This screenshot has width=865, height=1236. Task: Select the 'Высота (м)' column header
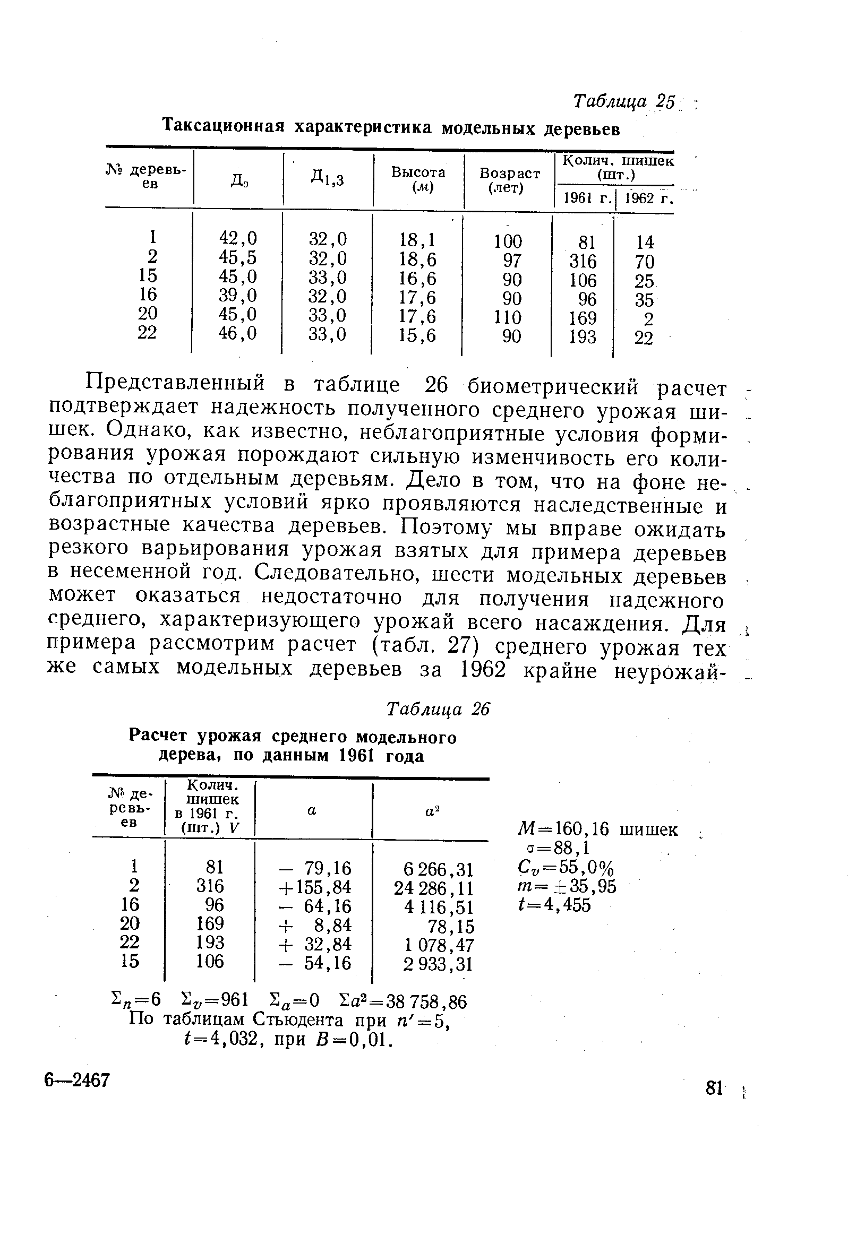click(418, 179)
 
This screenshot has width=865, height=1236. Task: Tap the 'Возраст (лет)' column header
click(509, 180)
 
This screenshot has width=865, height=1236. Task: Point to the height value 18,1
click(417, 239)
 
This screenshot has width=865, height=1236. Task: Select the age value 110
click(508, 316)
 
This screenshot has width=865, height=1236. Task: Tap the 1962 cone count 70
click(644, 262)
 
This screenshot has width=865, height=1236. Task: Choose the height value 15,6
click(417, 336)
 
